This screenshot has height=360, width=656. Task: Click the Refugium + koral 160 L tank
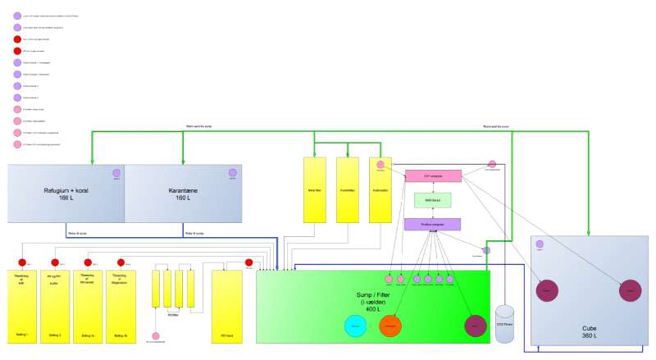point(66,194)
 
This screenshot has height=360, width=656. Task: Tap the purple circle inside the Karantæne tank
point(233,173)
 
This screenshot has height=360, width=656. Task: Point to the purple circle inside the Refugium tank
point(116,173)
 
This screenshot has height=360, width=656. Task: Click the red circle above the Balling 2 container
point(55,262)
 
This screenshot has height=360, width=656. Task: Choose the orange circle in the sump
point(390,326)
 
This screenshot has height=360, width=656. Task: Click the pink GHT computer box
point(433,175)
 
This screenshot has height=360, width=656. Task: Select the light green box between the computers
point(432,200)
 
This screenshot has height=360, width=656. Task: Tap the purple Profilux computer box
point(432,224)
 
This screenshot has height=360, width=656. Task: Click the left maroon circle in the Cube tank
point(548,291)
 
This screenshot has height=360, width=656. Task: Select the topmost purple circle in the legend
point(17,16)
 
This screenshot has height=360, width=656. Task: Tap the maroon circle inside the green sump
point(476,326)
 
